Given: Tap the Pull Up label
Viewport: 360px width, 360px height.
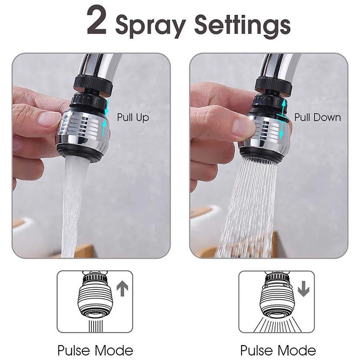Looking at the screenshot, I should pos(133,118).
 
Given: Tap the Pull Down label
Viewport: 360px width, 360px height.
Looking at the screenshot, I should pos(318,117).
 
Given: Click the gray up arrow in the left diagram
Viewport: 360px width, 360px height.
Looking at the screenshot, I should pos(121,288).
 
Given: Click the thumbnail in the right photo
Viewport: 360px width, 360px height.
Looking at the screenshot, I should pos(243,127).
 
